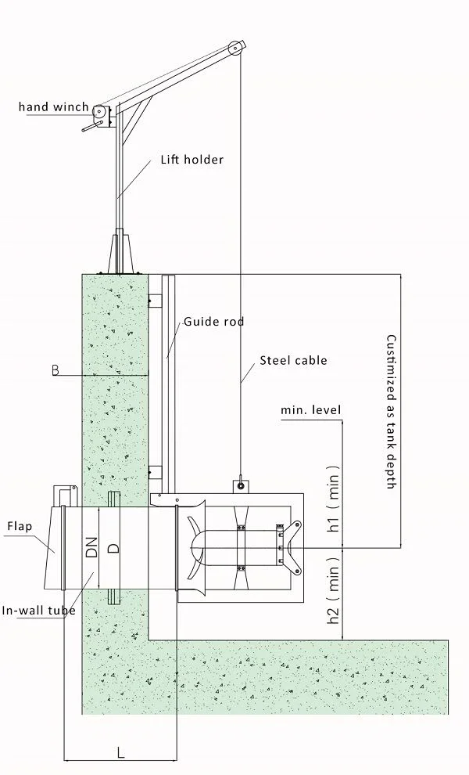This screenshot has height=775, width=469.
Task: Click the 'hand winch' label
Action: pos(53,107)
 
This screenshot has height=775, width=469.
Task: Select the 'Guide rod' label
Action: pos(213,322)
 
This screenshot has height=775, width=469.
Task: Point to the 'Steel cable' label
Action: pos(293,361)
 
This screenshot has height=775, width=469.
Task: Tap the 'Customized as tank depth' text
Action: pos(391,413)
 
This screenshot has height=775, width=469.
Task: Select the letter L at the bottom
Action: pos(120,753)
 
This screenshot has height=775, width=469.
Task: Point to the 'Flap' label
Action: pos(20,526)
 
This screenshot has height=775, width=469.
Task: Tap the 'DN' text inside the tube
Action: pos(91,546)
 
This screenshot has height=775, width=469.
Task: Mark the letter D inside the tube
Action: pos(113,546)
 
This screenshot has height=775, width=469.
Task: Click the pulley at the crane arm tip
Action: pos(234,49)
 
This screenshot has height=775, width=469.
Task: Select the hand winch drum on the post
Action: pos(100,112)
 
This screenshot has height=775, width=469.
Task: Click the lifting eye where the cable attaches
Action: pos(241,485)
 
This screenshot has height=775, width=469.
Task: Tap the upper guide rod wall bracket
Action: pos(155,301)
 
